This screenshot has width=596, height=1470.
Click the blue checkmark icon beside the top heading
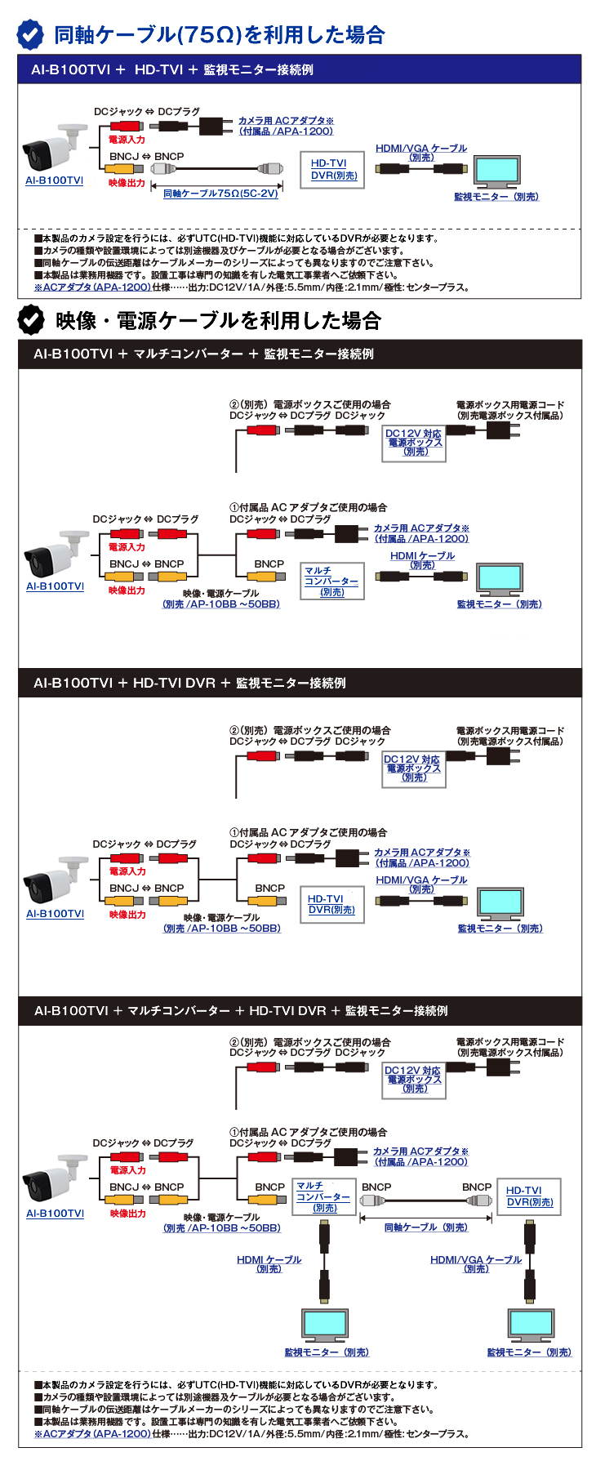coord(31,34)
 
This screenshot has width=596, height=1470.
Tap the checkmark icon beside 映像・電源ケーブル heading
coord(31,319)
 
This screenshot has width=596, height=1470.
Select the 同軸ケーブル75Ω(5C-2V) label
coord(220,194)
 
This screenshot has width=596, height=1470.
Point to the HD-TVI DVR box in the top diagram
coord(334,170)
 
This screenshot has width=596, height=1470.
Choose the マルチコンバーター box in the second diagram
coord(331,581)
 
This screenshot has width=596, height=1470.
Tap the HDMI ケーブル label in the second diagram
coord(422,559)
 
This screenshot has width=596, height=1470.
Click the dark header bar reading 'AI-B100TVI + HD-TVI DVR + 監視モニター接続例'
coord(300,683)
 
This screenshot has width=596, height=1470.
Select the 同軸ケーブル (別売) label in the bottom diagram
coord(425,1227)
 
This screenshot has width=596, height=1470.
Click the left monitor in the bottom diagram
coord(324,1324)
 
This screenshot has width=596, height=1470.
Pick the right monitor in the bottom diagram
coord(530,1324)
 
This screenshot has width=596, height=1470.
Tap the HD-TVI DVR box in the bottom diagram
coord(529,1196)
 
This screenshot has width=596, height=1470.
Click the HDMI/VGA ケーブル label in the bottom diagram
coord(476,1263)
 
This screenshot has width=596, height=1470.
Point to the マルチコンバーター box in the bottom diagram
coord(324,1196)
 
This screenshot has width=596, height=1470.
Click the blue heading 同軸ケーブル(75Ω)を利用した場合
coord(219,35)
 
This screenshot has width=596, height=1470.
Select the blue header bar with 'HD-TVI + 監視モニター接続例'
coord(300,69)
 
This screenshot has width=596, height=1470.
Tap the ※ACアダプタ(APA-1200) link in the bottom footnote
coord(92,1433)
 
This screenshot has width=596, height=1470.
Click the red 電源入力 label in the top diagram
coord(127,140)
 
